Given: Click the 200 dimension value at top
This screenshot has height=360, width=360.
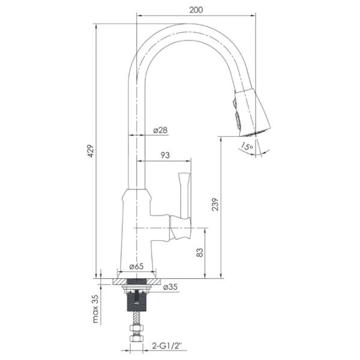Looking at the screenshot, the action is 196,10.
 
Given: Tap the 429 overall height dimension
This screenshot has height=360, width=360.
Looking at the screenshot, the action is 91,151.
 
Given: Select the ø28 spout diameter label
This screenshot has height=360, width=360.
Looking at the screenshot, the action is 160,130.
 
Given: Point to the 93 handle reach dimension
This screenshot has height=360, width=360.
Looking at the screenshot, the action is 165,155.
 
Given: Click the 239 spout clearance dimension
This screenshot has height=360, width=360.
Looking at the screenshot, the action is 215,204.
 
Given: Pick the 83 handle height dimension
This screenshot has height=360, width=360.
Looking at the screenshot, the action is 200,253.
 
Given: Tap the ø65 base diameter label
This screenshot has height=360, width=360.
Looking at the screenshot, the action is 136,266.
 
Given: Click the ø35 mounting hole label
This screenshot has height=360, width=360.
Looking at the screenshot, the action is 170,287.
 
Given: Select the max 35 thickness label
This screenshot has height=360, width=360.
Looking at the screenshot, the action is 95,309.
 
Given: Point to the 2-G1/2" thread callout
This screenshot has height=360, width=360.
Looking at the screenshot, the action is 167,346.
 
